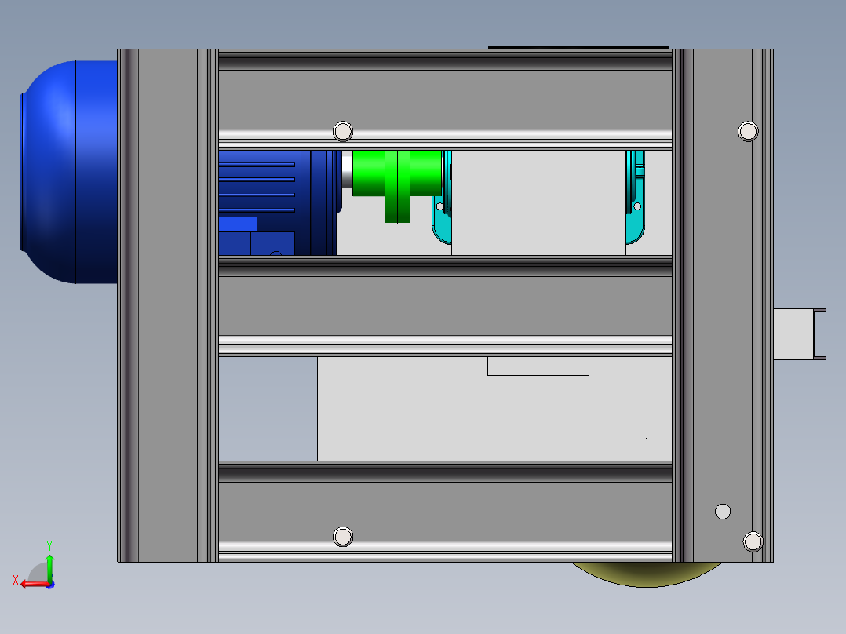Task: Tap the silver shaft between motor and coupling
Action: pos(346,169)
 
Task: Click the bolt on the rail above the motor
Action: pos(343,131)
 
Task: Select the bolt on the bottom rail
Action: pos(343,537)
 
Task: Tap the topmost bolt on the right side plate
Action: pos(748,131)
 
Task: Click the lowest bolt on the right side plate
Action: pos(753,541)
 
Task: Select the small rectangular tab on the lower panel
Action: pos(538,366)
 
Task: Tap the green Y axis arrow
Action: pos(49,564)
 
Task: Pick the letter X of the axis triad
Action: pos(15,580)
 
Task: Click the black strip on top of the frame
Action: pos(578,47)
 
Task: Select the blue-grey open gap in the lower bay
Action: pos(268,409)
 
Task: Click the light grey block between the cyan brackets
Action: pos(538,202)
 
